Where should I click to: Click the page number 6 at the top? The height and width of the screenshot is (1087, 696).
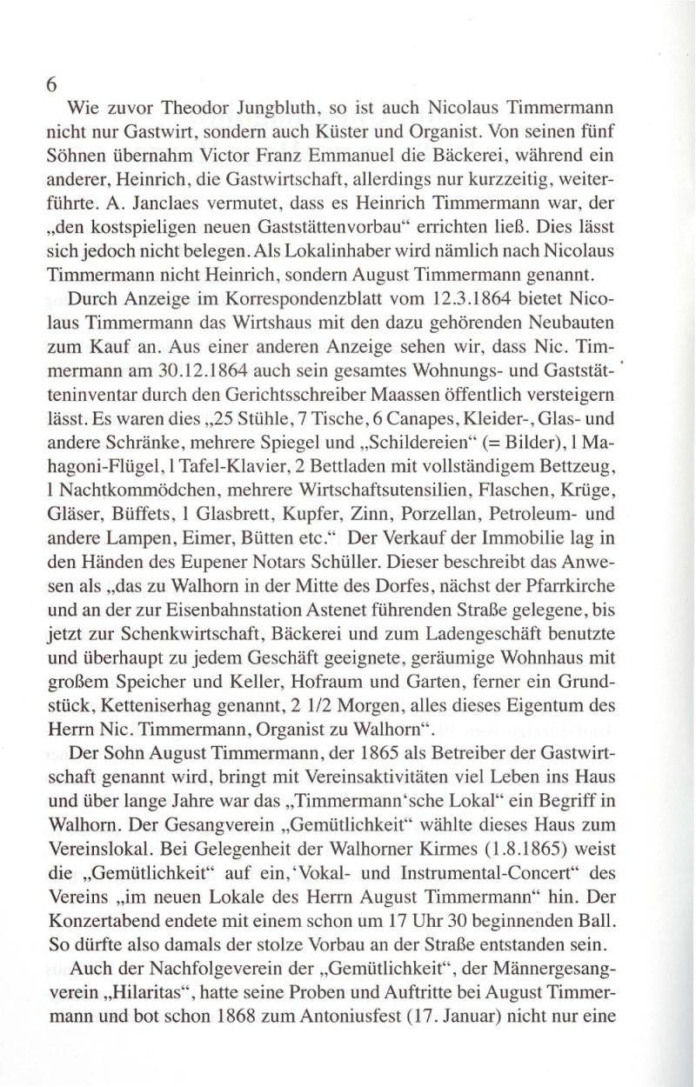coord(52,86)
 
